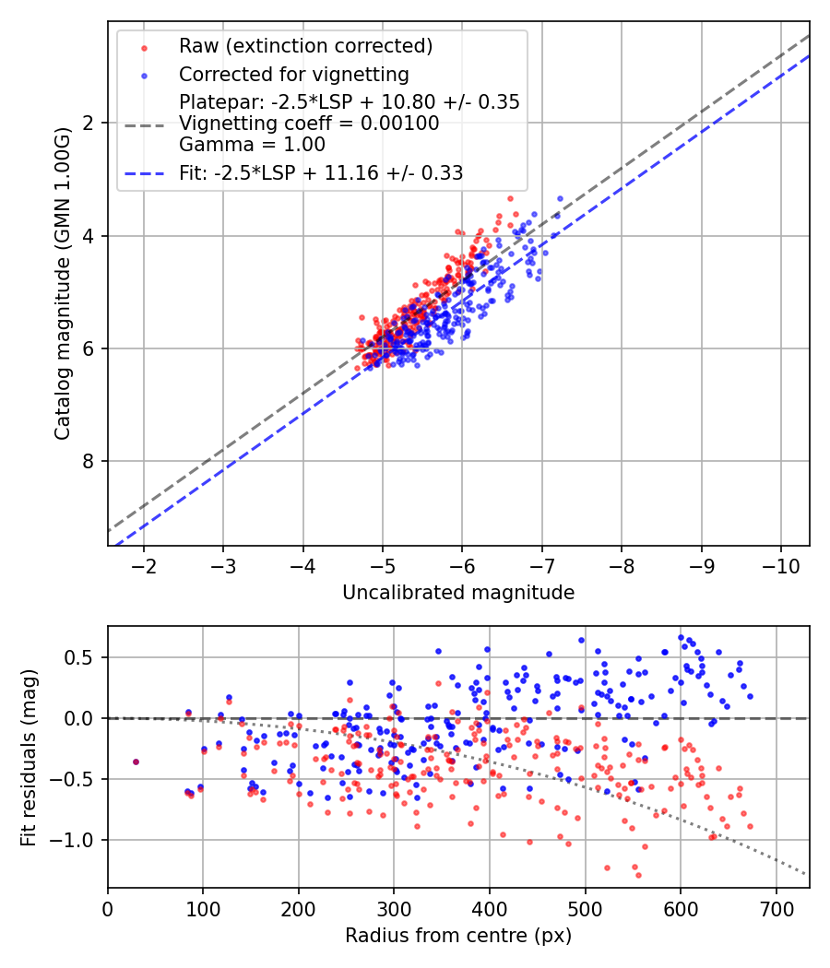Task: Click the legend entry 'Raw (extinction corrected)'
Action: click(305, 46)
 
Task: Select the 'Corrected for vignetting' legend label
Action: click(293, 74)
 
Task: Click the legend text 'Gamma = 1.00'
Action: click(252, 144)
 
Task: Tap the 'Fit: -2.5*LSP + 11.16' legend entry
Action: click(320, 172)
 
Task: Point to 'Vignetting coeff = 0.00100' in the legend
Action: click(309, 123)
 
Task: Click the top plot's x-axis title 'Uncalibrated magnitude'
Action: click(458, 593)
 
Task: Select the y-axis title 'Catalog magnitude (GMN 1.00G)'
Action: click(62, 284)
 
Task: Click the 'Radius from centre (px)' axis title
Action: click(458, 936)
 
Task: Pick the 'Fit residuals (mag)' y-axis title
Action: click(29, 757)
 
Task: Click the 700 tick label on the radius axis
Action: click(776, 908)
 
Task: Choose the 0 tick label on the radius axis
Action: click(108, 908)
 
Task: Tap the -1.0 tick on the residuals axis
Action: click(78, 840)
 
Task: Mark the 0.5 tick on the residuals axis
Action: click(83, 657)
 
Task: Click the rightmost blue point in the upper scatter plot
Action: click(560, 198)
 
